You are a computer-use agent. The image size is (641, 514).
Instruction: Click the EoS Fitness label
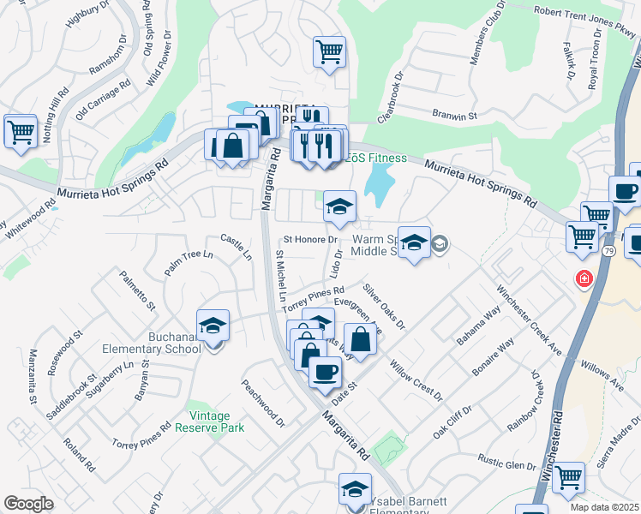coord(374,158)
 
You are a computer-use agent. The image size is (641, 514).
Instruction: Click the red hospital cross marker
coord(584,279)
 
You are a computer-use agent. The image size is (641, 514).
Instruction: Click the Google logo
coord(28,504)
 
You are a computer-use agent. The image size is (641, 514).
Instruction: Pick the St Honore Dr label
coord(312,240)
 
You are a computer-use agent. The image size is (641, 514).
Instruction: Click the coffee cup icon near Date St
coord(325,371)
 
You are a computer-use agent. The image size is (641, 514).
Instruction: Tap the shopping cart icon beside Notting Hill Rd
coord(21,131)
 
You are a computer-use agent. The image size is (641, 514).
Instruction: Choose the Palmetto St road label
coord(137,290)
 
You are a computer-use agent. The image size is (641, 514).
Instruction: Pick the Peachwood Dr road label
coord(263,403)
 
